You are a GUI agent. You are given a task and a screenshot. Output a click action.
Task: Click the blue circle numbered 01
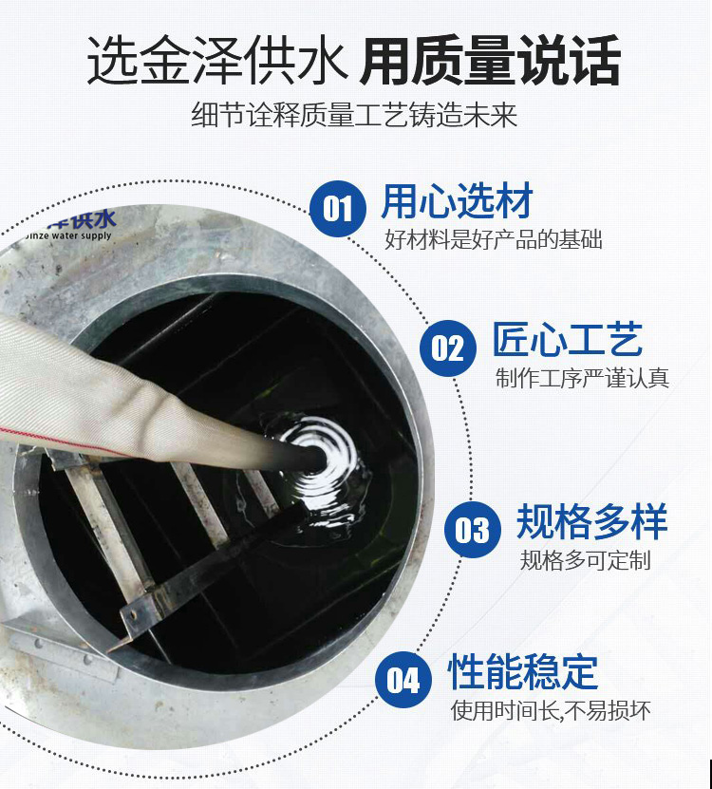[x=338, y=208]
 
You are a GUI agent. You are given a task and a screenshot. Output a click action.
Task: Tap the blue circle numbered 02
[x=448, y=348]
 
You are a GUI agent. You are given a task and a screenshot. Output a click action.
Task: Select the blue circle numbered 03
[x=473, y=530]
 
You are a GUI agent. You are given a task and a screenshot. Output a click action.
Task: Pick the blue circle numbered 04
[x=403, y=680]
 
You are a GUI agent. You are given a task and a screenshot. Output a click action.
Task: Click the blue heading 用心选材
[x=457, y=201]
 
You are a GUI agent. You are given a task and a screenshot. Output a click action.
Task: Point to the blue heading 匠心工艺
[x=567, y=340]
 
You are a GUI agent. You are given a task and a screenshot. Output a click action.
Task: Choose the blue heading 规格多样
[x=591, y=521]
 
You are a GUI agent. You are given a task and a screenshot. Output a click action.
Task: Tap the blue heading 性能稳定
[x=523, y=672]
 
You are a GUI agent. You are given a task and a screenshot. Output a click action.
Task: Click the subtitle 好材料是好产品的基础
[x=494, y=239]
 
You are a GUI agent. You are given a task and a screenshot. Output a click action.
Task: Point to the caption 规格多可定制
[x=585, y=560]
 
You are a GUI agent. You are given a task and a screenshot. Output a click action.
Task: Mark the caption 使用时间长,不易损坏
[x=551, y=710]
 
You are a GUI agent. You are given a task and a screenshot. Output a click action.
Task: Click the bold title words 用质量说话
[x=490, y=61]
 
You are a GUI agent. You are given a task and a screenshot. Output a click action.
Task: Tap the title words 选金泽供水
[x=217, y=61]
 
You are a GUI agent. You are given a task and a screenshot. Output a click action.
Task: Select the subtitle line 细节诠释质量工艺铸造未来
[x=354, y=115]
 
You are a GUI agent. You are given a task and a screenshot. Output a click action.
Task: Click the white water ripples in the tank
[x=322, y=463]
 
